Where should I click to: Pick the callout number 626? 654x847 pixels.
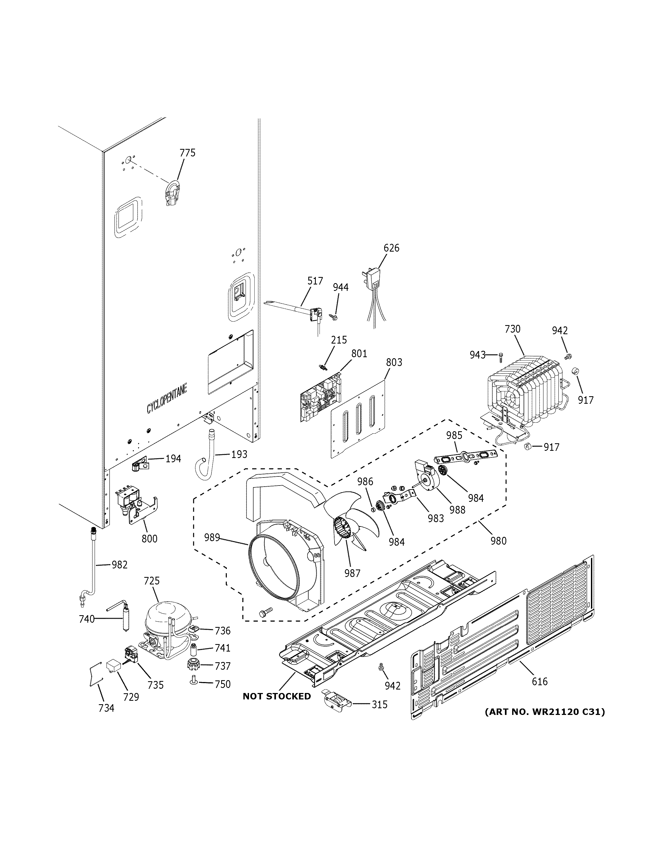click(x=391, y=248)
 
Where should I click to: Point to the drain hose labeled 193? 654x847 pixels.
click(x=206, y=454)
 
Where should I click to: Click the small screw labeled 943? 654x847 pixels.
click(x=501, y=355)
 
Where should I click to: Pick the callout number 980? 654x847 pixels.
click(x=498, y=540)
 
